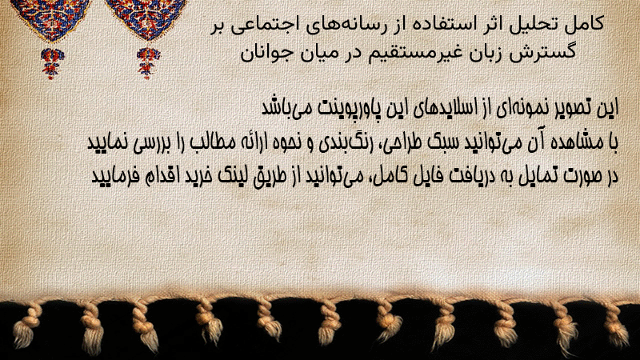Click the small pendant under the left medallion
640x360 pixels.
[52, 62]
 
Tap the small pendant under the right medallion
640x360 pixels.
[148, 62]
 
